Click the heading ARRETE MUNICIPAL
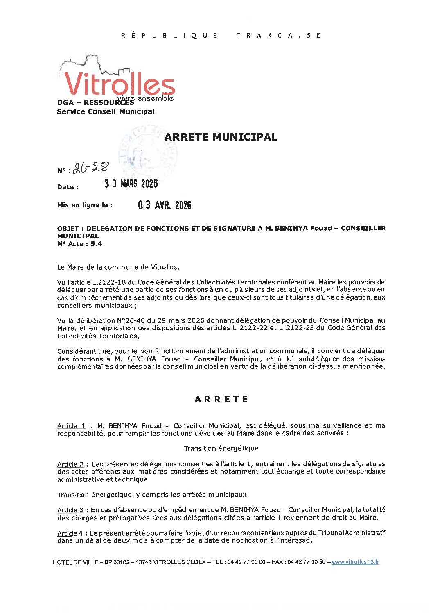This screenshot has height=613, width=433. [221, 137]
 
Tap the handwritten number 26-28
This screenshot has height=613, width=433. [91, 168]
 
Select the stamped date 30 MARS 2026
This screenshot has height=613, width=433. [131, 184]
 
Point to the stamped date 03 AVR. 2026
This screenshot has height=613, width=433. [165, 205]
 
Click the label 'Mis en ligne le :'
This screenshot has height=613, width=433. [85, 205]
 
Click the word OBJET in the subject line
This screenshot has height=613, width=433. [68, 228]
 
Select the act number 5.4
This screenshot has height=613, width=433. [97, 244]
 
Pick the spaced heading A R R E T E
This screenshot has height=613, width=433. [221, 399]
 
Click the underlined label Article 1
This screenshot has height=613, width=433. [71, 426]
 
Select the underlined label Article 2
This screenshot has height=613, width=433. [70, 464]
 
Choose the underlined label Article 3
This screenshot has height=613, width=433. [70, 510]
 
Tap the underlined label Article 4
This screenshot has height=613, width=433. [70, 533]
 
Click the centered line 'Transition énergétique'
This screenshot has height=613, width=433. [221, 448]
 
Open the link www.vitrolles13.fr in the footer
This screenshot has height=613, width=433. [355, 562]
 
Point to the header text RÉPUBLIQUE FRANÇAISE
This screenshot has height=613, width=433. [221, 36]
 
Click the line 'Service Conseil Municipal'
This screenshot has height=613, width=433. [106, 111]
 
